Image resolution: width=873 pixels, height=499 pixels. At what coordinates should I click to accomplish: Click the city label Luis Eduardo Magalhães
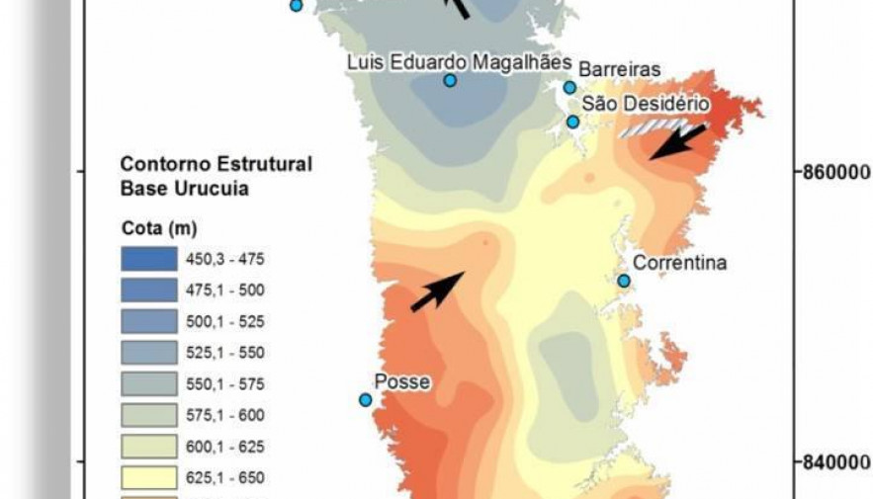pyautogui.click(x=459, y=62)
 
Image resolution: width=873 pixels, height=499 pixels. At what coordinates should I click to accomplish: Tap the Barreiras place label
pyautogui.click(x=619, y=70)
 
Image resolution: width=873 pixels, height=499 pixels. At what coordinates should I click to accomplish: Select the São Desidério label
pyautogui.click(x=646, y=103)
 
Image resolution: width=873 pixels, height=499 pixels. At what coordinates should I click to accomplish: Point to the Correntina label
pyautogui.click(x=679, y=263)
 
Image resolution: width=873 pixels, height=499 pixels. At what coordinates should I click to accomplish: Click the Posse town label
pyautogui.click(x=402, y=381)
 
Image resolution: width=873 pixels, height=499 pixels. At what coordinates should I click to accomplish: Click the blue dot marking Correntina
pyautogui.click(x=624, y=281)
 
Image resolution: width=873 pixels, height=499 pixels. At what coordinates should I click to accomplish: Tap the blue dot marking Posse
pyautogui.click(x=365, y=400)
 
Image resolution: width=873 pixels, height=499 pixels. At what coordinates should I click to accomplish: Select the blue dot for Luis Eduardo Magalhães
pyautogui.click(x=450, y=80)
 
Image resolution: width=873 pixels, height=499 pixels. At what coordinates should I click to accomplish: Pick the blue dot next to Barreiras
pyautogui.click(x=569, y=88)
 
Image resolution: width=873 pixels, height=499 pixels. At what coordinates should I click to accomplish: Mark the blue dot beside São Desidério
pyautogui.click(x=572, y=122)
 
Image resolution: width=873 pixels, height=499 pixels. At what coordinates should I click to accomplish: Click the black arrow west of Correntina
pyautogui.click(x=437, y=291)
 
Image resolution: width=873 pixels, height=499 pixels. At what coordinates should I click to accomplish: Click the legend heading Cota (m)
pyautogui.click(x=158, y=228)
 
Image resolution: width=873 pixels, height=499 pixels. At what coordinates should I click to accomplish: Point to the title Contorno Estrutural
pyautogui.click(x=216, y=164)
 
